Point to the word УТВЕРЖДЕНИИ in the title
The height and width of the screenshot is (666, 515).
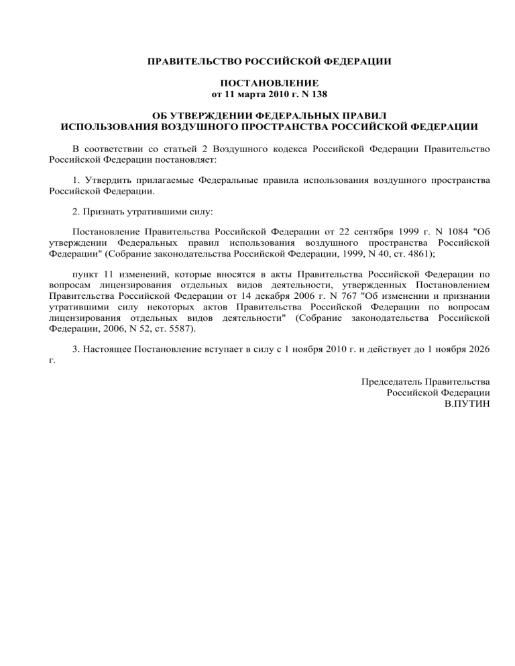213,115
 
